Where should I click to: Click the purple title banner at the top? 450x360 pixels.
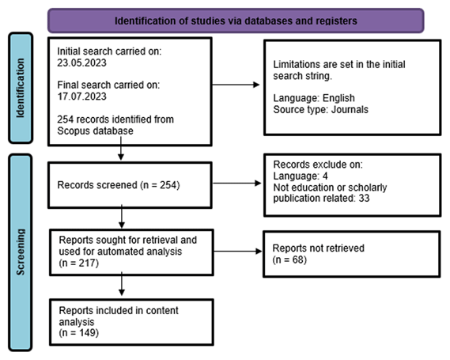(x=236, y=21)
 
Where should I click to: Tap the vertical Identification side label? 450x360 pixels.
(x=21, y=88)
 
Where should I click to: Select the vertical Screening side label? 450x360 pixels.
(x=21, y=252)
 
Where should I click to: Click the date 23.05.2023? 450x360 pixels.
(x=81, y=63)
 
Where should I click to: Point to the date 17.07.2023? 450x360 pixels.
(x=81, y=97)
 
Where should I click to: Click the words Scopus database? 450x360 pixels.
(x=95, y=131)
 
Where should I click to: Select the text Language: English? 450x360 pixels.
(x=314, y=98)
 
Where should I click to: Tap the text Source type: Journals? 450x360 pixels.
(x=320, y=109)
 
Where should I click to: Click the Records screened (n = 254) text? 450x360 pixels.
(x=119, y=185)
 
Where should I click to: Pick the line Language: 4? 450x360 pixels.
(x=301, y=176)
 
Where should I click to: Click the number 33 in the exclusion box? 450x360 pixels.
(x=364, y=198)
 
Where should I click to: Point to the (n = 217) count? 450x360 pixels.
(x=79, y=263)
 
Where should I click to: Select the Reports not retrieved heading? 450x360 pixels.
(x=318, y=248)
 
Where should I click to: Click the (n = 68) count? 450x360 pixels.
(x=289, y=260)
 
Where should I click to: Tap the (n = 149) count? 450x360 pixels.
(x=79, y=333)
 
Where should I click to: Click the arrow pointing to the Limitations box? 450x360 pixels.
(x=236, y=85)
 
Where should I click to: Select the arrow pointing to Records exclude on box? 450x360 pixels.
(x=236, y=183)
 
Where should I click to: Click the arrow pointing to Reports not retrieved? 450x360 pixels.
(x=238, y=251)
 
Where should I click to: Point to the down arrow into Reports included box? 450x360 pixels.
(x=122, y=283)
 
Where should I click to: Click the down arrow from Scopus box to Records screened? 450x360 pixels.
(x=121, y=149)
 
